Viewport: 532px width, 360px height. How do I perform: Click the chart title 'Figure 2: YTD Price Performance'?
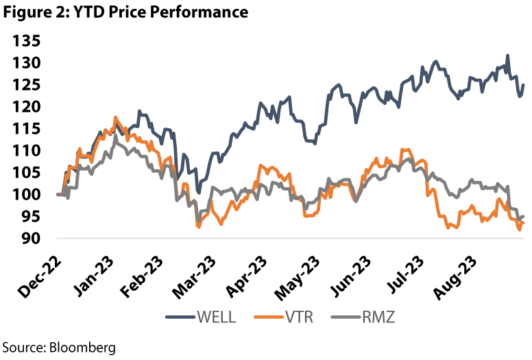[x=124, y=12]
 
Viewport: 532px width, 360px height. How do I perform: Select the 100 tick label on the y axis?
[x=25, y=195]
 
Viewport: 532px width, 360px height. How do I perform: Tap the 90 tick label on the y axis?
[x=30, y=239]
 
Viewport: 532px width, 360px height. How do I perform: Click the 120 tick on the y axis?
[x=25, y=107]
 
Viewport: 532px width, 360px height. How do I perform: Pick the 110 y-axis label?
[x=25, y=151]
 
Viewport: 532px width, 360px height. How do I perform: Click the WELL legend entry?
[x=214, y=317]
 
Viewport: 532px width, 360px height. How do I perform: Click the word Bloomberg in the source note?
[x=80, y=346]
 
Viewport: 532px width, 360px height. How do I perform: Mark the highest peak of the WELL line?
[x=507, y=56]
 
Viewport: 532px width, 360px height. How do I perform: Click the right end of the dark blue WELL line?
[x=524, y=85]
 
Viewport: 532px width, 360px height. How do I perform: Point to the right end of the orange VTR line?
[x=524, y=223]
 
